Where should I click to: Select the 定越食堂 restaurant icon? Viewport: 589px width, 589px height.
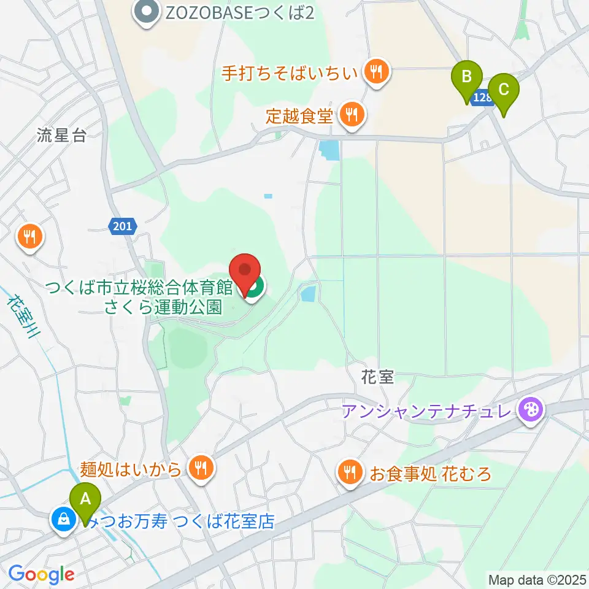351,115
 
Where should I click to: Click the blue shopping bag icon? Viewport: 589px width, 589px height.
63,520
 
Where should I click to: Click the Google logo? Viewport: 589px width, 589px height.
41,575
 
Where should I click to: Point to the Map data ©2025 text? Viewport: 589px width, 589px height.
537,579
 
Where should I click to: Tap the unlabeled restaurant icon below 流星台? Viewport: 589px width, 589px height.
29,236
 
